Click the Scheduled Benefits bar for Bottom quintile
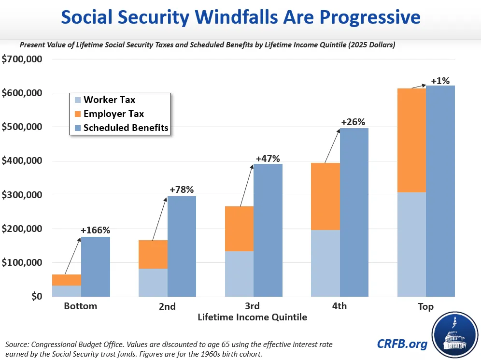(96, 267)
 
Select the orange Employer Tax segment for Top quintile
(411, 140)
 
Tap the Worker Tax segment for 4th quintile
(325, 263)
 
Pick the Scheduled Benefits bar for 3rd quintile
(268, 230)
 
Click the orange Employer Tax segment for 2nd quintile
(153, 255)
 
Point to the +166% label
(96, 230)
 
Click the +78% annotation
(182, 190)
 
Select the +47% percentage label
(268, 158)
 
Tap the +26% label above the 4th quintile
(353, 122)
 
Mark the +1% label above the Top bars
(440, 81)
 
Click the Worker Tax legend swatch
(78, 100)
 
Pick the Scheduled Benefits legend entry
(122, 128)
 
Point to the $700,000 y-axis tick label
(22, 59)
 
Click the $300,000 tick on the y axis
(22, 195)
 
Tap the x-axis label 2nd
(167, 306)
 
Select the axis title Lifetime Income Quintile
(252, 317)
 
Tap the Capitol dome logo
(455, 335)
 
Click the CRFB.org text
(402, 344)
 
